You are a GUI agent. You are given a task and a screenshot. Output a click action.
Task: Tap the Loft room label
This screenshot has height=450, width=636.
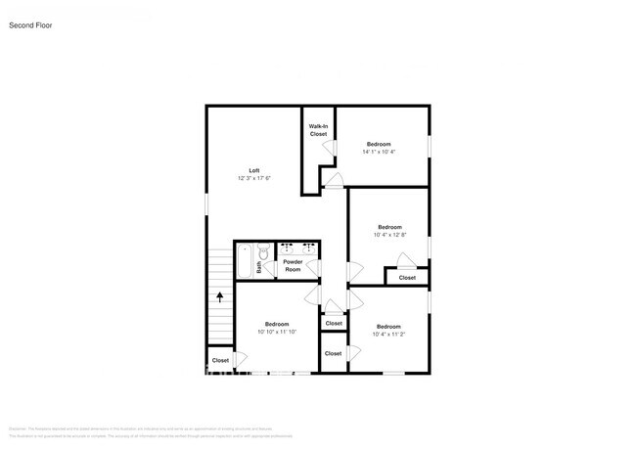click(x=253, y=170)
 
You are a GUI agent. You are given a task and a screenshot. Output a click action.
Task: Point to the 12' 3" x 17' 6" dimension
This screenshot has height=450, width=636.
click(x=253, y=178)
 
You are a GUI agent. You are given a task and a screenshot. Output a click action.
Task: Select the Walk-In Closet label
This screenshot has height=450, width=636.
click(x=318, y=130)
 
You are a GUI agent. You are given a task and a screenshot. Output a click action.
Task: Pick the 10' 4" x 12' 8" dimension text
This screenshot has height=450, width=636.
click(x=389, y=235)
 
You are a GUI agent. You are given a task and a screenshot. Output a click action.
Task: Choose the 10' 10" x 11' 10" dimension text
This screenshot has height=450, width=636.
click(x=276, y=332)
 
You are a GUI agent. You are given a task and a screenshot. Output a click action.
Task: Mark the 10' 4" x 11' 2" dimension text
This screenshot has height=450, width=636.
click(x=388, y=334)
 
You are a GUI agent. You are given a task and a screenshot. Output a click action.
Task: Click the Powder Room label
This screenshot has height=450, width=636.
click(x=293, y=265)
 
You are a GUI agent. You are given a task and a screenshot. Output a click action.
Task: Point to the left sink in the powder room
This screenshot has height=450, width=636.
click(x=286, y=248)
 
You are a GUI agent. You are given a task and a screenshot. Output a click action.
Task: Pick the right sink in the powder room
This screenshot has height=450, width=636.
click(x=308, y=248)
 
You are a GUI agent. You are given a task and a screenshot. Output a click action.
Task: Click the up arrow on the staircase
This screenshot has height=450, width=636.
click(x=220, y=294)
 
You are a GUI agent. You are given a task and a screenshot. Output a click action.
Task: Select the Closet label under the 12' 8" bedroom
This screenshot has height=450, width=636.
click(x=406, y=278)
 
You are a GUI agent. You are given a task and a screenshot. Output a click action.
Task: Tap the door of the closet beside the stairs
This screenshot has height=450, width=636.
click(x=238, y=359)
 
